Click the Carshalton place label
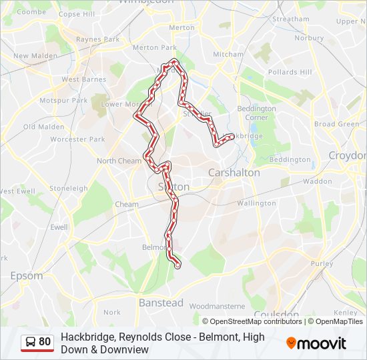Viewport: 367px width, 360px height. [234, 172]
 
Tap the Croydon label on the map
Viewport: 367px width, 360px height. [348, 155]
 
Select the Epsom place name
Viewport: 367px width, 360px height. [27, 275]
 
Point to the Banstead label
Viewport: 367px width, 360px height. [161, 303]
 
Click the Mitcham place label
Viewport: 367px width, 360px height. [228, 54]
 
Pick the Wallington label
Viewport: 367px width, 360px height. [256, 203]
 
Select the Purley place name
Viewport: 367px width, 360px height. [322, 263]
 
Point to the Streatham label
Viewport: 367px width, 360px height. [291, 19]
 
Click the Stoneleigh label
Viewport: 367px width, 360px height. [68, 188]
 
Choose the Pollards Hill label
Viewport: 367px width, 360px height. [290, 72]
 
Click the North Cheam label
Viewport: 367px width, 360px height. [119, 161]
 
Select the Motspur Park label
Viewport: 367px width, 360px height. [63, 101]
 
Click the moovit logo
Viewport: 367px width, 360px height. [316, 343]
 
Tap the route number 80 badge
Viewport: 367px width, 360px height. [37, 342]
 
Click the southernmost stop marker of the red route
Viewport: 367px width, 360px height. [177, 265]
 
